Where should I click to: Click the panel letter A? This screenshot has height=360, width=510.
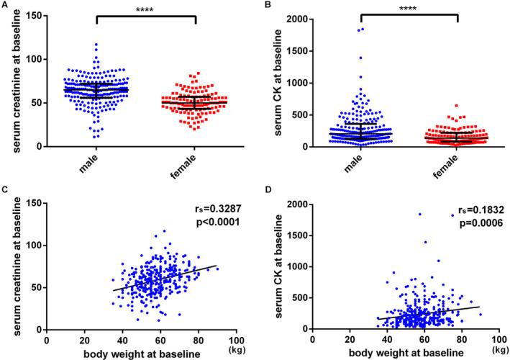(5, 5)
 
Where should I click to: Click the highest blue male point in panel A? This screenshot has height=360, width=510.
(95, 45)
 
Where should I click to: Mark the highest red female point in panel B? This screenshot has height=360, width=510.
(435, 106)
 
